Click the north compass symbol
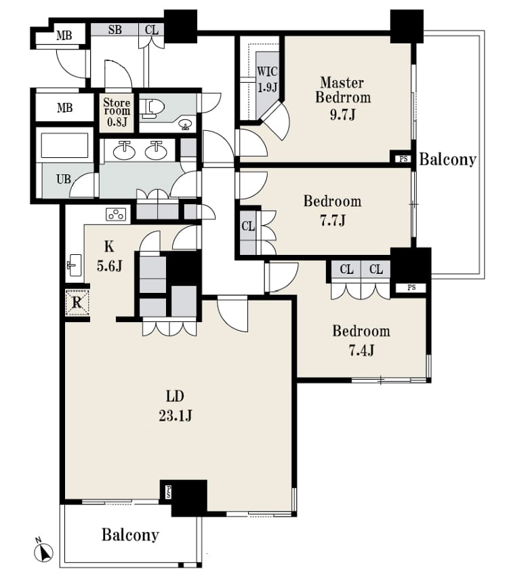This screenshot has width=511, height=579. pos(43,552)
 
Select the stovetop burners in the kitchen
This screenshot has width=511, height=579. pos(116,214)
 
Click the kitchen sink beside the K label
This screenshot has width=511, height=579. pos(75,265)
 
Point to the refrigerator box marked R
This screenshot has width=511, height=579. pos(77,303)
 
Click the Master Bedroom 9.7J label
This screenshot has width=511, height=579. pos(343,98)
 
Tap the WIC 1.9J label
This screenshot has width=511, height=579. pos(267,79)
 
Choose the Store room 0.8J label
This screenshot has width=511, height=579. pos(117,111)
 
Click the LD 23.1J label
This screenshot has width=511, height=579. pos(175,406)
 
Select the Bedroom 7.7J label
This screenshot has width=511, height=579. pos(332,210)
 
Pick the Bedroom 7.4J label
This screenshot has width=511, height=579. pos(361,340)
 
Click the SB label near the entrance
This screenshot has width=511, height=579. pos(115,30)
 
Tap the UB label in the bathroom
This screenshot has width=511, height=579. pos(64,180)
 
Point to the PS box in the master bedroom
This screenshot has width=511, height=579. pos(403,159)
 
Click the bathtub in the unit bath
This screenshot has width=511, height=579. pos(64,145)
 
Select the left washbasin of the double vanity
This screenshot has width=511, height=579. pos(124,151)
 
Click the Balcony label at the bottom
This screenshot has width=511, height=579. pos(130,535)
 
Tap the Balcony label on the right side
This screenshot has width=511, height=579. pos(447,159)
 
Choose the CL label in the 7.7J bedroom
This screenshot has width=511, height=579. pos(248,226)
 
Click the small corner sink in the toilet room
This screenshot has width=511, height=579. pos(185,125)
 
